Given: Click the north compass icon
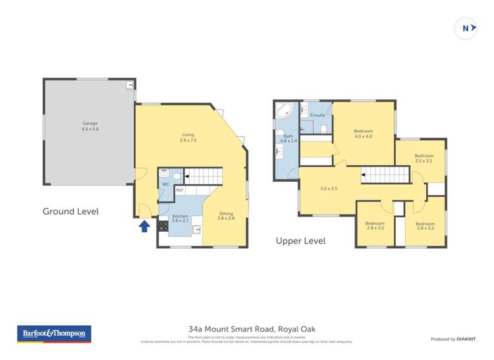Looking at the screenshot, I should [465, 28].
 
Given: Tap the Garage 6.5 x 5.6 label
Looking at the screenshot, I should [91, 126].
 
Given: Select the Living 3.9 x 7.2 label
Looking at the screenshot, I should [188, 137].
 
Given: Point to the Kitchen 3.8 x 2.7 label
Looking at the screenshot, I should [180, 219].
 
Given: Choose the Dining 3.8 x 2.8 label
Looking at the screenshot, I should [226, 215].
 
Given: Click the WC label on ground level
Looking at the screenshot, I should [166, 184].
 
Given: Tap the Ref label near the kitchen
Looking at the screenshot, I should [179, 190].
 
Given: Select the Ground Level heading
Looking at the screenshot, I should [70, 211].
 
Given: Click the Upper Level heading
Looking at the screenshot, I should [300, 241].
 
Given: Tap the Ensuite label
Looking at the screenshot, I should [317, 115].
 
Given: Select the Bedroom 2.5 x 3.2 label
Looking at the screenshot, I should [424, 158].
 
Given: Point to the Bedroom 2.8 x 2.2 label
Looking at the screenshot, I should [374, 226].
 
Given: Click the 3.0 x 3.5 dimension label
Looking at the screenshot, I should [329, 189].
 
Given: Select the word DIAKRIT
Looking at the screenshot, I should [466, 339].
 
